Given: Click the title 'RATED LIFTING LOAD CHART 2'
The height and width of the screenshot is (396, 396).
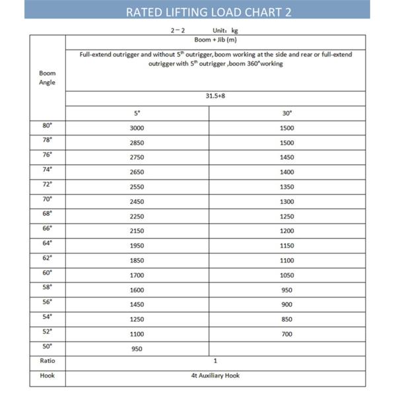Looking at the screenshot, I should pos(198,11).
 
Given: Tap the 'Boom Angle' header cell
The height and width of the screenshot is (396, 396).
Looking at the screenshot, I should pos(47,78).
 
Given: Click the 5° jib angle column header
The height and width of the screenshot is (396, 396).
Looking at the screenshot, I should pos(137,113).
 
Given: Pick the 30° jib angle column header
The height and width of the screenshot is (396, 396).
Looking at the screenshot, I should pos(287,113).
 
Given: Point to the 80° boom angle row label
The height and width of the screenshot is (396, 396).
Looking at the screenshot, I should pos(47,125).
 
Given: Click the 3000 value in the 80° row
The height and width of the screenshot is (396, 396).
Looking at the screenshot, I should pos(137,128).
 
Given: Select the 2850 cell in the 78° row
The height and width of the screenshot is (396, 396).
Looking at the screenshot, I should pos(137,143).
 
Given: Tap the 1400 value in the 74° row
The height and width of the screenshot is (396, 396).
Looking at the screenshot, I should pos(287,172).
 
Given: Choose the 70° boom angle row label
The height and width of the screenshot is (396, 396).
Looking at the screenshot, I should pos(47,199).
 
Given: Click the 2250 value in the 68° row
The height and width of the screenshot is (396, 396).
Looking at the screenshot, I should pos(137,216).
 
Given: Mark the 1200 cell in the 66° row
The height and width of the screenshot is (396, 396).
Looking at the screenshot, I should pos(287,230).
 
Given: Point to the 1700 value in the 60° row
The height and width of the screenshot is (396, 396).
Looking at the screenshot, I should pos(137,275).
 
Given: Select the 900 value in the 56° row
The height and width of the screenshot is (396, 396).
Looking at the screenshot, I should pos(287,304).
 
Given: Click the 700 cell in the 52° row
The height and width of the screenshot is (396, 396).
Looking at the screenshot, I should pos(287,334).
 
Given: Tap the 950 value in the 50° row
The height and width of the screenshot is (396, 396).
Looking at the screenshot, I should pos(137,348).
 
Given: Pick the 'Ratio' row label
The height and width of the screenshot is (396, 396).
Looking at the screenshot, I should pos(47,361).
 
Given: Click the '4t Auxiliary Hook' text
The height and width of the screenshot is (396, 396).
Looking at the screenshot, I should pos(215,376).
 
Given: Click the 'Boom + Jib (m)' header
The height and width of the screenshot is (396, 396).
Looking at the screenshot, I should pos(215,40).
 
